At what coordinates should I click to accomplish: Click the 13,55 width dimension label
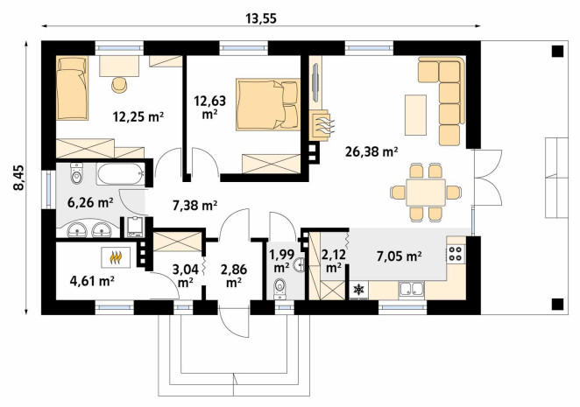pos(261,18)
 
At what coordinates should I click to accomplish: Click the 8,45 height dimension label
pos(18,178)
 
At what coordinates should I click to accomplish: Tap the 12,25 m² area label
pos(138,116)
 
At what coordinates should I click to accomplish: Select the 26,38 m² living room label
pos(371,151)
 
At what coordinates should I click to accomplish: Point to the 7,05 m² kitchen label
pos(400,256)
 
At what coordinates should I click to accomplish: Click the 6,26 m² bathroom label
pos(90,202)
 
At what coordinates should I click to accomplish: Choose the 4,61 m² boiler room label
pos(91,281)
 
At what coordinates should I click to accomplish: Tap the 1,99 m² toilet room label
pos(281,261)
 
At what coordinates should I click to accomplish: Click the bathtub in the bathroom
pos(120,173)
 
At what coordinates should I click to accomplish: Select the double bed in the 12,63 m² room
pos(268,104)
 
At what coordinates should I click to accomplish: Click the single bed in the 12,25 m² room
pos(72,88)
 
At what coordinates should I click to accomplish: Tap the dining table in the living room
pos(426,193)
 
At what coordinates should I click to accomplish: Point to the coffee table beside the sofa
pos(416,115)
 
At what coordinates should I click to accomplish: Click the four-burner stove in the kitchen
pos(456,253)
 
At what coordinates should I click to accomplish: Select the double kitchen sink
pos(411,289)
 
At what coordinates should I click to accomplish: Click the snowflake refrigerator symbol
pos(359,290)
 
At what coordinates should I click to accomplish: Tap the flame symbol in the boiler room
pos(116,257)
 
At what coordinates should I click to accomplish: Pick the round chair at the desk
pos(119,85)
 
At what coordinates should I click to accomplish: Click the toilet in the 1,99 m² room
pos(279,288)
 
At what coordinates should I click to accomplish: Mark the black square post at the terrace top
pos(557,51)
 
